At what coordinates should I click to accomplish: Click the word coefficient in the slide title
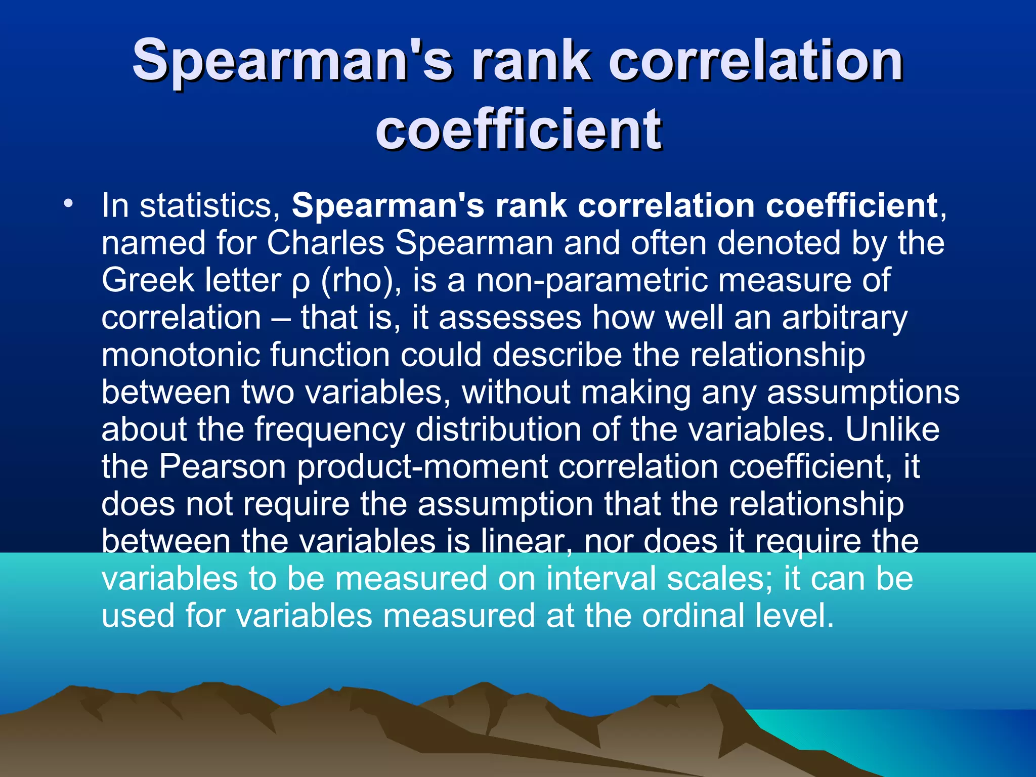tap(519, 129)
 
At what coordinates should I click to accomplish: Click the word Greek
tap(148, 281)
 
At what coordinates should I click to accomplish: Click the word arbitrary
tap(844, 319)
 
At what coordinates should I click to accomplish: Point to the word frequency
tap(329, 430)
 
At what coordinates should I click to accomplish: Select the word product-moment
tap(422, 467)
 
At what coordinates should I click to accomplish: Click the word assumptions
tap(863, 393)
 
